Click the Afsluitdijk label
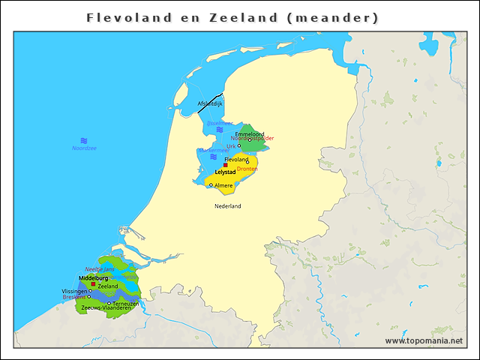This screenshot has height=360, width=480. [210, 103]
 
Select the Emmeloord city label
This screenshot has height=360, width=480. [250, 134]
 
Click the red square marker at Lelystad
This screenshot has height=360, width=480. [225, 165]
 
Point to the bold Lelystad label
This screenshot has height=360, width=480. [226, 172]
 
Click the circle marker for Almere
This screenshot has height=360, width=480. [211, 185]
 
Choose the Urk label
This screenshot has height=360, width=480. [230, 145]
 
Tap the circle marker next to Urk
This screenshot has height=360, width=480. [239, 145]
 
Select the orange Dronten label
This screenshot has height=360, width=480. [247, 169]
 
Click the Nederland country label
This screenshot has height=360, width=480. [227, 205]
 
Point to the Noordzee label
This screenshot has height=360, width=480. [84, 148]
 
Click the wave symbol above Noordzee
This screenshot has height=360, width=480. [84, 141]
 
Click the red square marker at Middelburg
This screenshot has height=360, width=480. [93, 284]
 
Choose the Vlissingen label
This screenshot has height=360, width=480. [74, 291]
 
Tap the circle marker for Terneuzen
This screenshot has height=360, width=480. [109, 303]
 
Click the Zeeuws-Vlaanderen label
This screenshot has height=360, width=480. [106, 308]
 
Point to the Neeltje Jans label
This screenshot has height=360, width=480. [100, 268]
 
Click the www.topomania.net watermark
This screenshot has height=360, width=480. [424, 340]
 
